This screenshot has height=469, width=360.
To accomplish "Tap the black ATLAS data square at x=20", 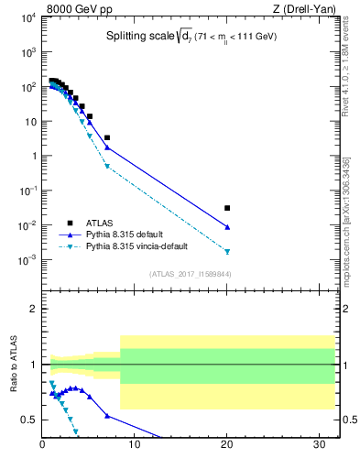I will (227, 208).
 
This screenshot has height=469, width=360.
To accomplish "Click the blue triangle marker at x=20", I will (227, 226).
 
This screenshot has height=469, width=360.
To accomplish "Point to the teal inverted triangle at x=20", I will (227, 251).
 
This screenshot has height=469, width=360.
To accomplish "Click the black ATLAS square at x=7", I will (107, 137).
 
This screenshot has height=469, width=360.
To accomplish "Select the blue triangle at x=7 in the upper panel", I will (107, 147).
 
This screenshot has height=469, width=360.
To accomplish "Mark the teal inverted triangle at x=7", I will (107, 166).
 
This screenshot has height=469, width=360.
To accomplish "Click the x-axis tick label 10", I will (135, 446).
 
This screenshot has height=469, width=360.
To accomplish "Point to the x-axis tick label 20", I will (227, 446).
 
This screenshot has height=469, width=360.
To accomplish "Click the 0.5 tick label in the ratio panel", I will (29, 420).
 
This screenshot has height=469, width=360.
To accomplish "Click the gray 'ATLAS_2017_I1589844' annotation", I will (190, 274).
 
